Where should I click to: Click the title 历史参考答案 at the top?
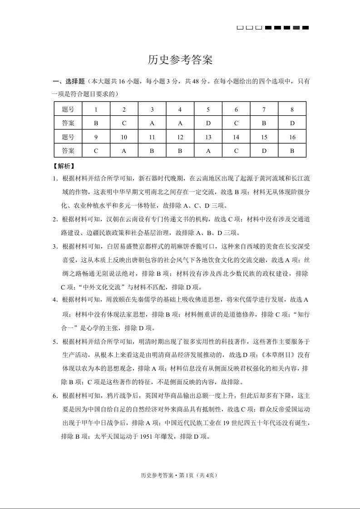pos(180,60)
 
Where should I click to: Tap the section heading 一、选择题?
pos(69,82)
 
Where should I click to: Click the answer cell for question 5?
pos(208,123)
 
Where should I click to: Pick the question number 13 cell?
pos(208,137)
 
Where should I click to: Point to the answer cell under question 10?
pos(124,151)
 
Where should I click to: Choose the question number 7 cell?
pos(264,109)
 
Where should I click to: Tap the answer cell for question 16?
pos(292,151)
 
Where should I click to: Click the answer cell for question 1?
pos(96,123)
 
